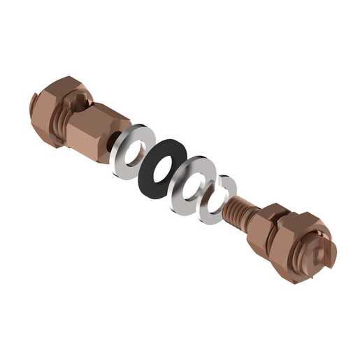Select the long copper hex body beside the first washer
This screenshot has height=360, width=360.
pyautogui.click(x=98, y=129)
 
